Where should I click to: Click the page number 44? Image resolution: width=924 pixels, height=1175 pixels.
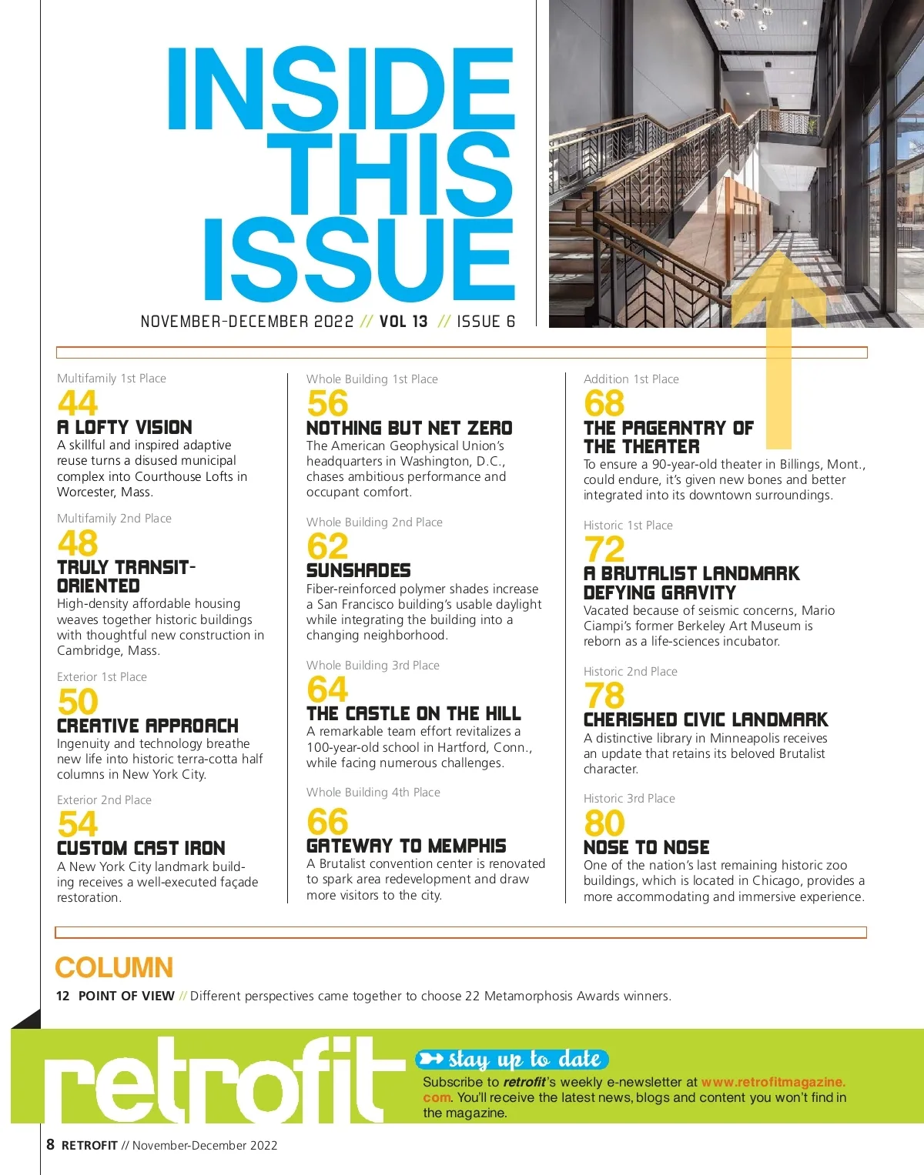(x=78, y=402)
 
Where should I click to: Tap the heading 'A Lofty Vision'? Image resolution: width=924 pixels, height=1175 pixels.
(x=125, y=427)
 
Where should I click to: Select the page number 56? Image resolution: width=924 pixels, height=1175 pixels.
(x=327, y=403)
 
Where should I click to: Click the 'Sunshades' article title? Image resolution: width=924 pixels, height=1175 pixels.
(x=358, y=570)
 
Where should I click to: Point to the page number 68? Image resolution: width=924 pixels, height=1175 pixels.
(x=604, y=403)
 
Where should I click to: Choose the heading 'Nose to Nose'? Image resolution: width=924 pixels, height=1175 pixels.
(x=646, y=847)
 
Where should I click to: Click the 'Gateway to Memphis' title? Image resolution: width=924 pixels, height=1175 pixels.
(x=406, y=846)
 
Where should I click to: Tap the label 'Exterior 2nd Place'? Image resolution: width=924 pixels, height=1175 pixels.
(x=104, y=800)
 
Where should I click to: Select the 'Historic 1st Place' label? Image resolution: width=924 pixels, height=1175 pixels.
(x=628, y=526)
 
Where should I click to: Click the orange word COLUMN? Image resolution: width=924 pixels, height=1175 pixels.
(x=114, y=967)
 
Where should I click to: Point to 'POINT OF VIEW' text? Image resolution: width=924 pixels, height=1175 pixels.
(x=126, y=996)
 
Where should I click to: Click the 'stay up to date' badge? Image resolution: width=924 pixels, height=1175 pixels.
(x=513, y=1060)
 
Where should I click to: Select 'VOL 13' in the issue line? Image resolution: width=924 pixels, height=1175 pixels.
(x=403, y=322)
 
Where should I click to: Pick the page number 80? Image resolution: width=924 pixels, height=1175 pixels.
(x=604, y=823)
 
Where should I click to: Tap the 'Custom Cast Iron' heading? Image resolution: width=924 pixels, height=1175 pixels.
(x=141, y=848)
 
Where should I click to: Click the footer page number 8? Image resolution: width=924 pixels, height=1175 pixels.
(x=50, y=1144)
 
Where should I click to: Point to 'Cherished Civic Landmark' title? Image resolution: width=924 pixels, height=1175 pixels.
(x=705, y=719)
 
